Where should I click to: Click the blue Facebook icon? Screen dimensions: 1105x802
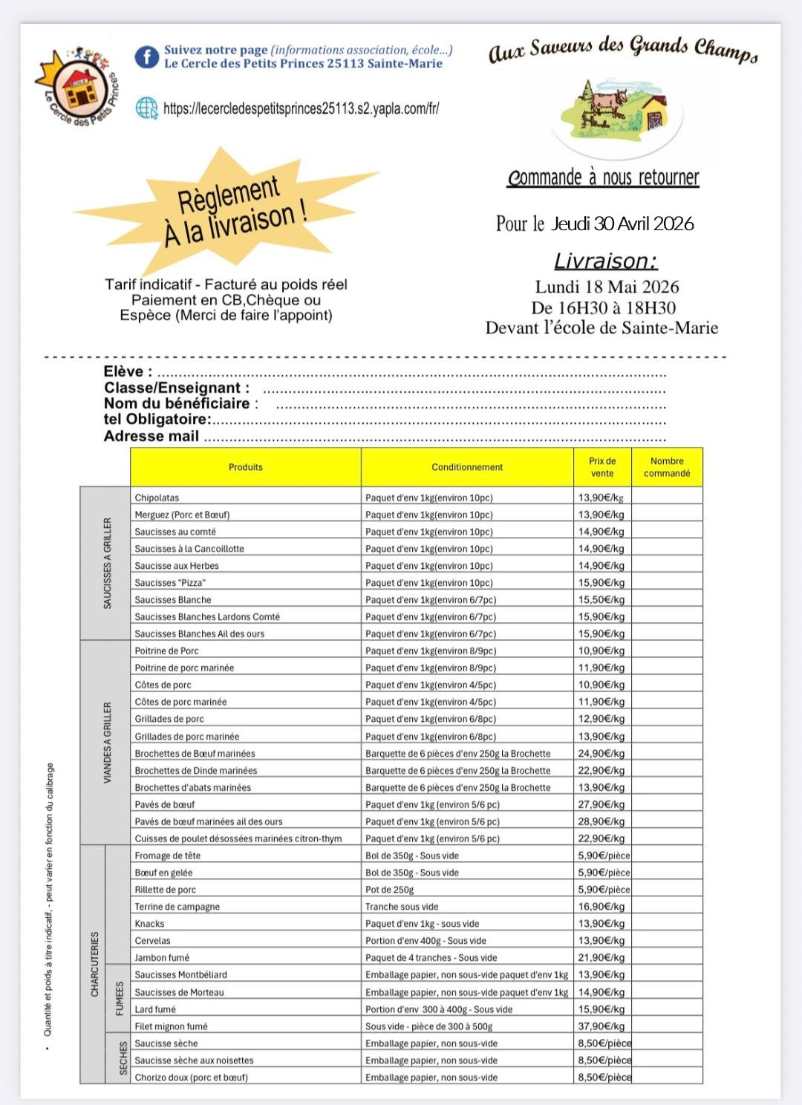pyautogui.click(x=146, y=57)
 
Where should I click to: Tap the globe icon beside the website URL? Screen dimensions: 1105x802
pyautogui.click(x=146, y=108)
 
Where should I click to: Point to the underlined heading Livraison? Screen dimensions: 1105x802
pyautogui.click(x=605, y=261)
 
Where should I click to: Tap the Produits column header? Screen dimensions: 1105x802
pyautogui.click(x=246, y=467)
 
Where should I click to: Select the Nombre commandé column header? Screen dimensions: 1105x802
pyautogui.click(x=667, y=467)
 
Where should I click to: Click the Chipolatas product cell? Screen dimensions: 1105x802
pyautogui.click(x=157, y=498)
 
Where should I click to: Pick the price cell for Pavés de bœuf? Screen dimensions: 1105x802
pyautogui.click(x=601, y=804)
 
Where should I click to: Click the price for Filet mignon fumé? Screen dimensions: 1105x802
pyautogui.click(x=601, y=1026)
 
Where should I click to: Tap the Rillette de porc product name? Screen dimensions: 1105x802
pyautogui.click(x=166, y=890)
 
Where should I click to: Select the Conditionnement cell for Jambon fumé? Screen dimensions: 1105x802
pyautogui.click(x=431, y=958)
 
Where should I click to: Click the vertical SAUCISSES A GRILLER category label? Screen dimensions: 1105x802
pyautogui.click(x=107, y=563)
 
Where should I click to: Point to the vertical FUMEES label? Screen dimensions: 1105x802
pyautogui.click(x=120, y=998)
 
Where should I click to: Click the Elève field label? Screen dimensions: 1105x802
pyautogui.click(x=128, y=372)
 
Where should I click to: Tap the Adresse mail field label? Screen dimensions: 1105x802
pyautogui.click(x=151, y=437)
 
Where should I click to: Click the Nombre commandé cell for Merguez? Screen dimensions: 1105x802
pyautogui.click(x=667, y=515)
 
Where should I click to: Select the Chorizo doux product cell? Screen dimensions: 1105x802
pyautogui.click(x=191, y=1078)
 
